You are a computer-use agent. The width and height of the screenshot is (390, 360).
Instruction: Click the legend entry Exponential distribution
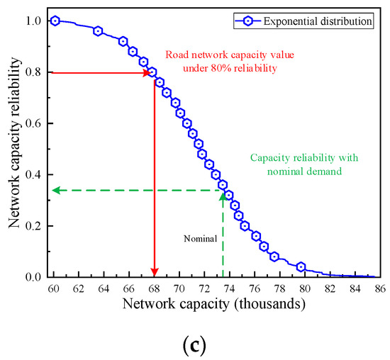tap(318, 21)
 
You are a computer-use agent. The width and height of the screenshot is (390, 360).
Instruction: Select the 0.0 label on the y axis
tap(33, 277)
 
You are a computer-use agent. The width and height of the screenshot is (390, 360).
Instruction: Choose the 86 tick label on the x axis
tap(380, 288)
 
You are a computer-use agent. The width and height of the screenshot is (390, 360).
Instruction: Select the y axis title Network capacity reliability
tap(14, 149)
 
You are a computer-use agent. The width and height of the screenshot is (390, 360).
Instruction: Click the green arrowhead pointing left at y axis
tap(57, 190)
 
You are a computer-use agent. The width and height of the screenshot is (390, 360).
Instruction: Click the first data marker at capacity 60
tap(55, 21)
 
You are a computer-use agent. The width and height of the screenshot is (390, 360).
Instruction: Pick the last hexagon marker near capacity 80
tap(301, 267)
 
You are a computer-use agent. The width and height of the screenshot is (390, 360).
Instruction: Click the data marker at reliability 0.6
tap(186, 123)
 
